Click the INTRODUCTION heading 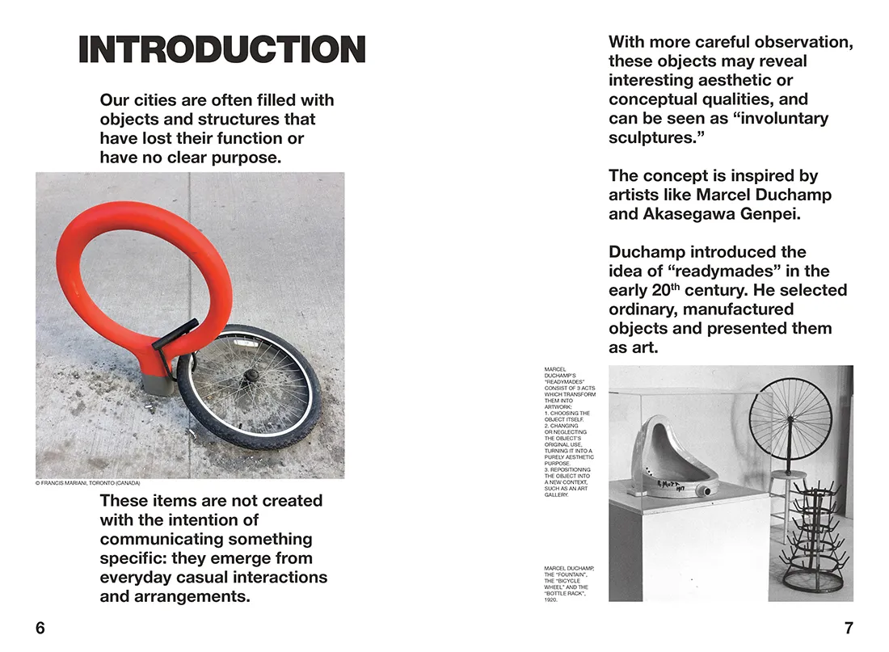(x=222, y=50)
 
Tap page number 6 (x=40, y=628)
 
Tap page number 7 (x=849, y=628)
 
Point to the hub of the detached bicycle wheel (x=251, y=376)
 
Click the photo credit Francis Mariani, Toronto (x=88, y=483)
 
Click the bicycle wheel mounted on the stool (x=790, y=420)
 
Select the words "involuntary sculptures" (x=719, y=128)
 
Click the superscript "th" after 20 (x=676, y=285)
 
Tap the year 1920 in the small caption (x=551, y=600)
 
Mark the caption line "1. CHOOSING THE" (x=567, y=413)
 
